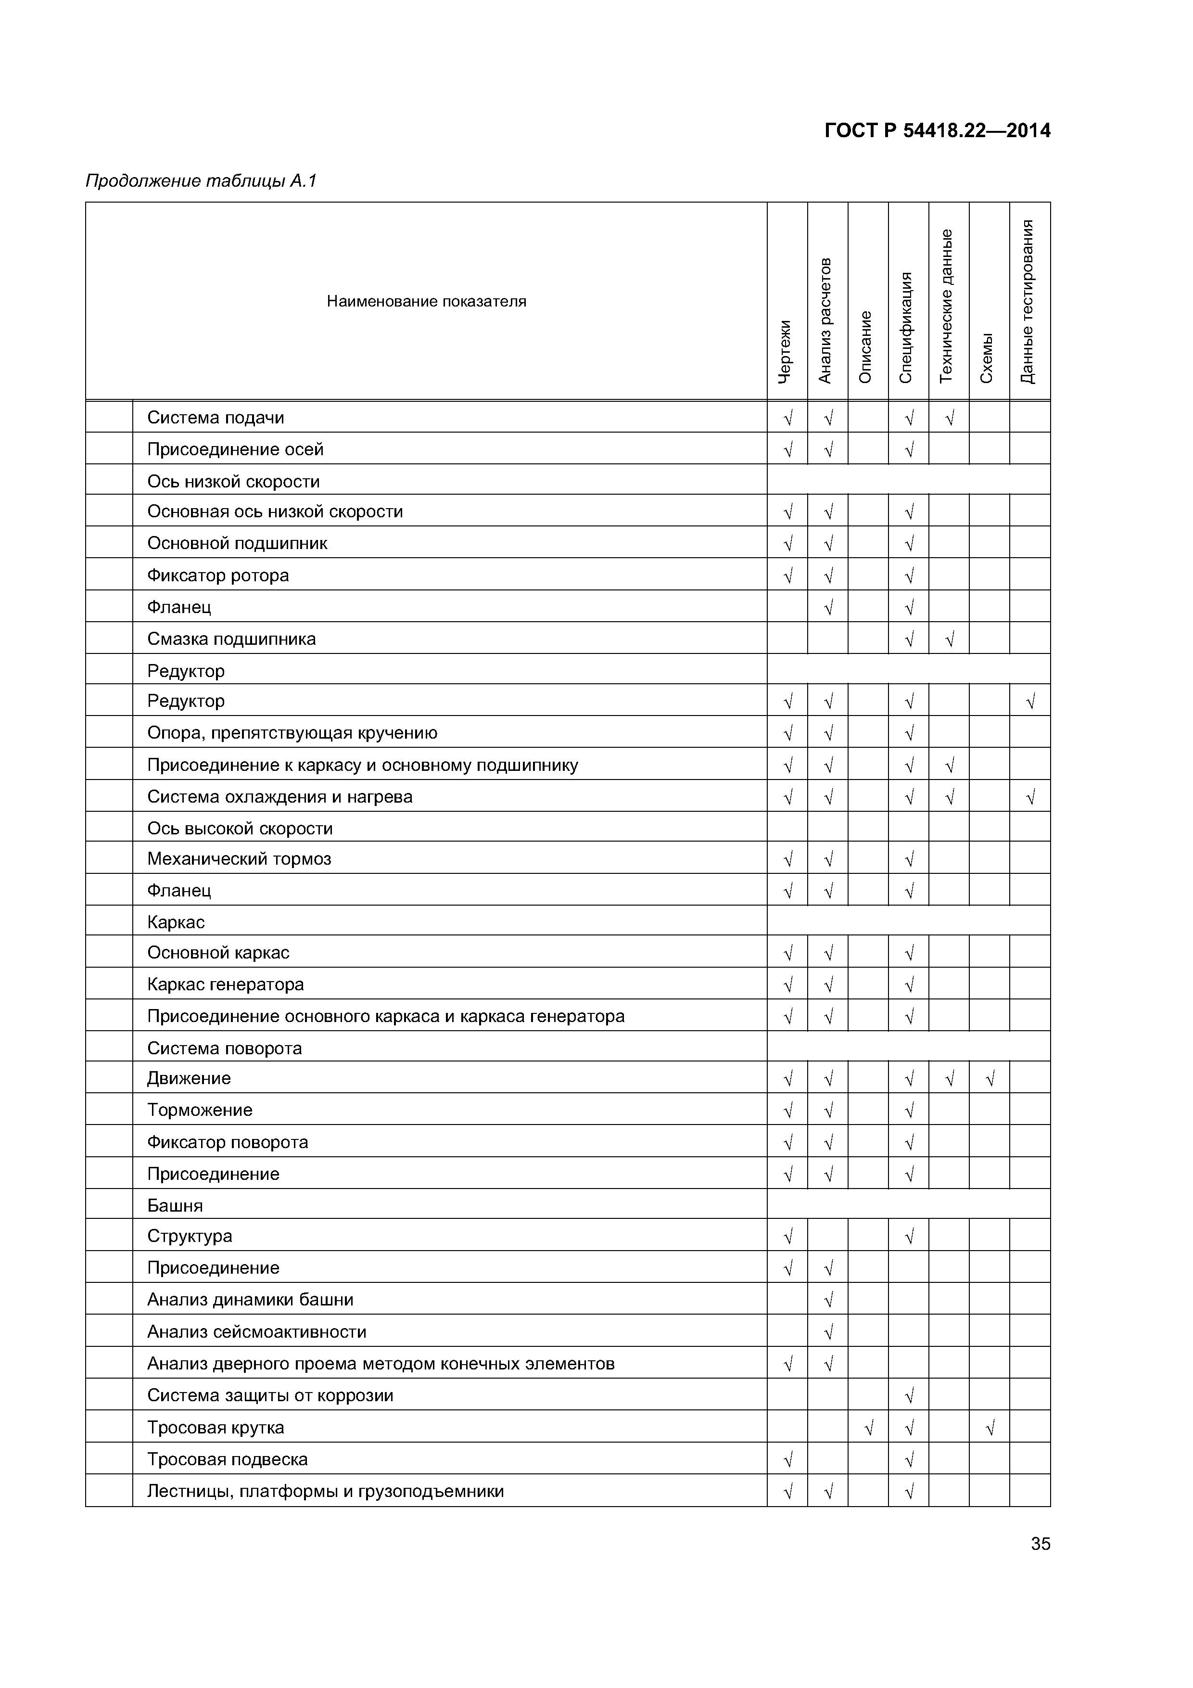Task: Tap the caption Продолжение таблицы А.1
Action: coord(201,181)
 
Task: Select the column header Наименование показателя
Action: coord(426,301)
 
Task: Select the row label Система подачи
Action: coord(216,418)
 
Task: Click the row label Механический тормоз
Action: coord(239,859)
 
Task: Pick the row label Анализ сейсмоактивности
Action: coord(256,1331)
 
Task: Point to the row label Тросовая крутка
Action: coord(216,1427)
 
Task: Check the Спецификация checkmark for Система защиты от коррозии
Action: coord(909,1396)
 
